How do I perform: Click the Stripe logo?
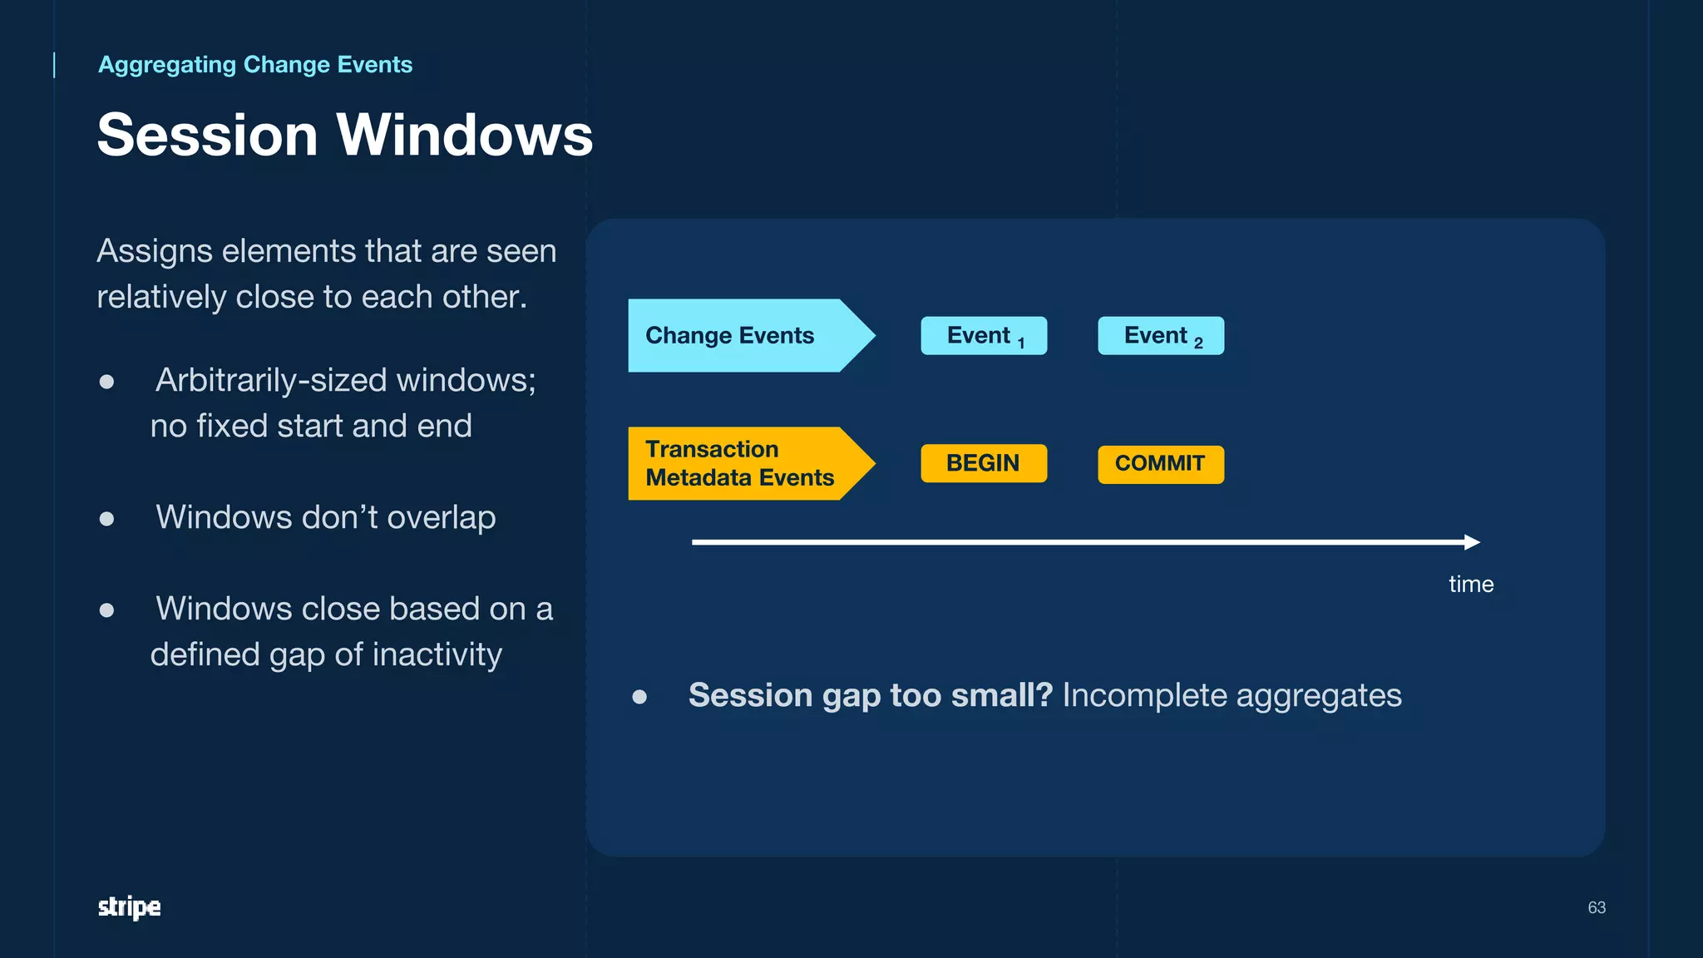[129, 906]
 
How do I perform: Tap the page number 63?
[1596, 907]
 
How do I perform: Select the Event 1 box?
[983, 336]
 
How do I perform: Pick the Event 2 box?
[1160, 336]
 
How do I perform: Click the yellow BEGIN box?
[983, 463]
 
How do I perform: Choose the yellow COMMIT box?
[1160, 464]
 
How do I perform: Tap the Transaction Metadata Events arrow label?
[740, 463]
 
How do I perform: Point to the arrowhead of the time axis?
[1473, 542]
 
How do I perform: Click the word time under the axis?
[1470, 584]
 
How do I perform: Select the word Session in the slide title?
[208, 135]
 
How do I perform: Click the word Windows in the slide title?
[464, 135]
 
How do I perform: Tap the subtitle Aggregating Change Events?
[255, 65]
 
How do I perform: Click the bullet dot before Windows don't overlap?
[106, 519]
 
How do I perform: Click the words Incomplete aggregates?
[1232, 695]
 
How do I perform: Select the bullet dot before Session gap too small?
[639, 696]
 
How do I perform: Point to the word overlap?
[441, 517]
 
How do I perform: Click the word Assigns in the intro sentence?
[155, 251]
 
